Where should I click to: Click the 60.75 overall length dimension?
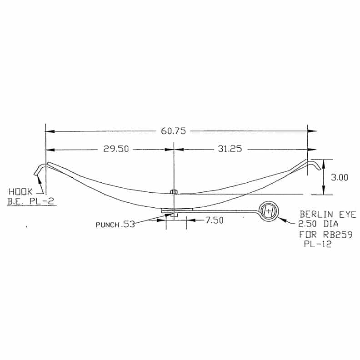click(173, 131)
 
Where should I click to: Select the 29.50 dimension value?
click(116, 149)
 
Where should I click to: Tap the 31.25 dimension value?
click(230, 149)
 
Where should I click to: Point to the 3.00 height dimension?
click(340, 177)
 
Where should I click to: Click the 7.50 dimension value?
click(214, 220)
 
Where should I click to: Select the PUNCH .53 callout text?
click(115, 225)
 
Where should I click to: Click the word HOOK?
click(20, 191)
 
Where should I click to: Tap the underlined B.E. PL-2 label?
click(31, 201)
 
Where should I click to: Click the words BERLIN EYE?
click(328, 215)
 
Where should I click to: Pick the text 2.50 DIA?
click(318, 224)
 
